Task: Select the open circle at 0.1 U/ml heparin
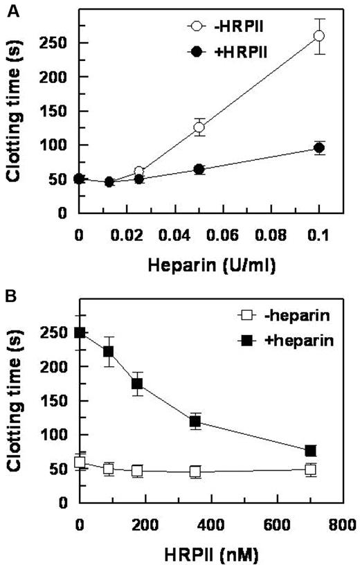pos(318,36)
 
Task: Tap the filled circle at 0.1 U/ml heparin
pos(318,148)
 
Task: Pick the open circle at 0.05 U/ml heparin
pos(199,127)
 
